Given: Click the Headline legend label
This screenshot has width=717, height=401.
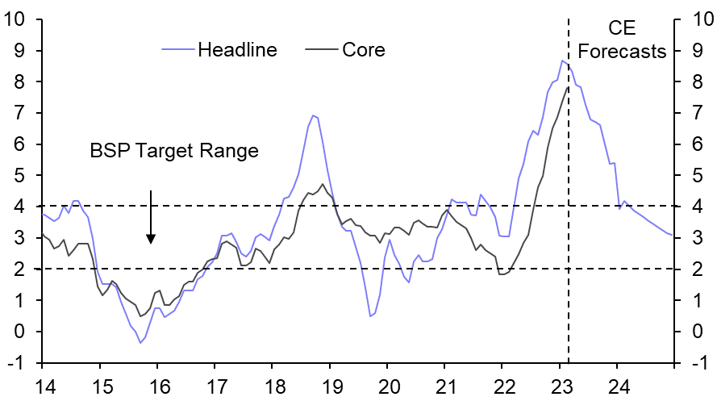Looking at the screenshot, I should coord(237,50).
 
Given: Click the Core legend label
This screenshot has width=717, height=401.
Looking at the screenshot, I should coord(364,50).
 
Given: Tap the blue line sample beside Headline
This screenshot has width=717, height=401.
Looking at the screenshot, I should coord(177,50).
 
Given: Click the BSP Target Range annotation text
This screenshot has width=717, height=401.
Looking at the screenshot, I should coord(174,151).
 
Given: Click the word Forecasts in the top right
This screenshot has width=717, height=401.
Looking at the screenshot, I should coord(622,52).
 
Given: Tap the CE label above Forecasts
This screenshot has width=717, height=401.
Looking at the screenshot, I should coord(622,29).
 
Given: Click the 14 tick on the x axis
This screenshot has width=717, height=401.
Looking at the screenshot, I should coord(42,386).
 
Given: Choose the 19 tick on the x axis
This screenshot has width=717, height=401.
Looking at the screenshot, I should coord(330,386).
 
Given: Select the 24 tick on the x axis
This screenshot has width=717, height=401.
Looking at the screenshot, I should coord(618,386).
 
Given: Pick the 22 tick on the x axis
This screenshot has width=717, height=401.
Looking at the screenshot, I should coord(502,386).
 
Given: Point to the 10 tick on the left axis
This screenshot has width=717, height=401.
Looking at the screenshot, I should coord(19,19).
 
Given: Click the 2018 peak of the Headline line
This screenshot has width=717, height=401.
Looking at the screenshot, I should coord(312,115).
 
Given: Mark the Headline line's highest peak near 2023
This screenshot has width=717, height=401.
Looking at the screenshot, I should coord(562,61).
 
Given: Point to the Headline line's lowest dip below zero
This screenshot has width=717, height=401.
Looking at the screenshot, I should coord(140,343).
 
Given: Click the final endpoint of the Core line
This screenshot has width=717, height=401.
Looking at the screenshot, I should coord(568,87).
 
